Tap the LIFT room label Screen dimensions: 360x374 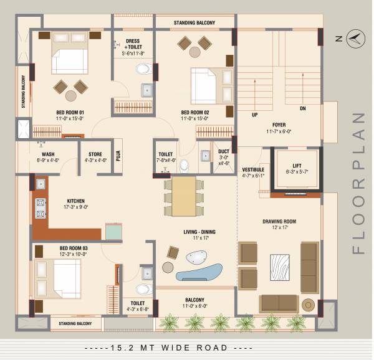click(x=296, y=166)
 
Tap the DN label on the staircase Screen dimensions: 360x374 click(x=303, y=108)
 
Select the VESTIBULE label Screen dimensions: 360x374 click(x=253, y=169)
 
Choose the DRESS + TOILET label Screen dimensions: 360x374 click(x=132, y=44)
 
